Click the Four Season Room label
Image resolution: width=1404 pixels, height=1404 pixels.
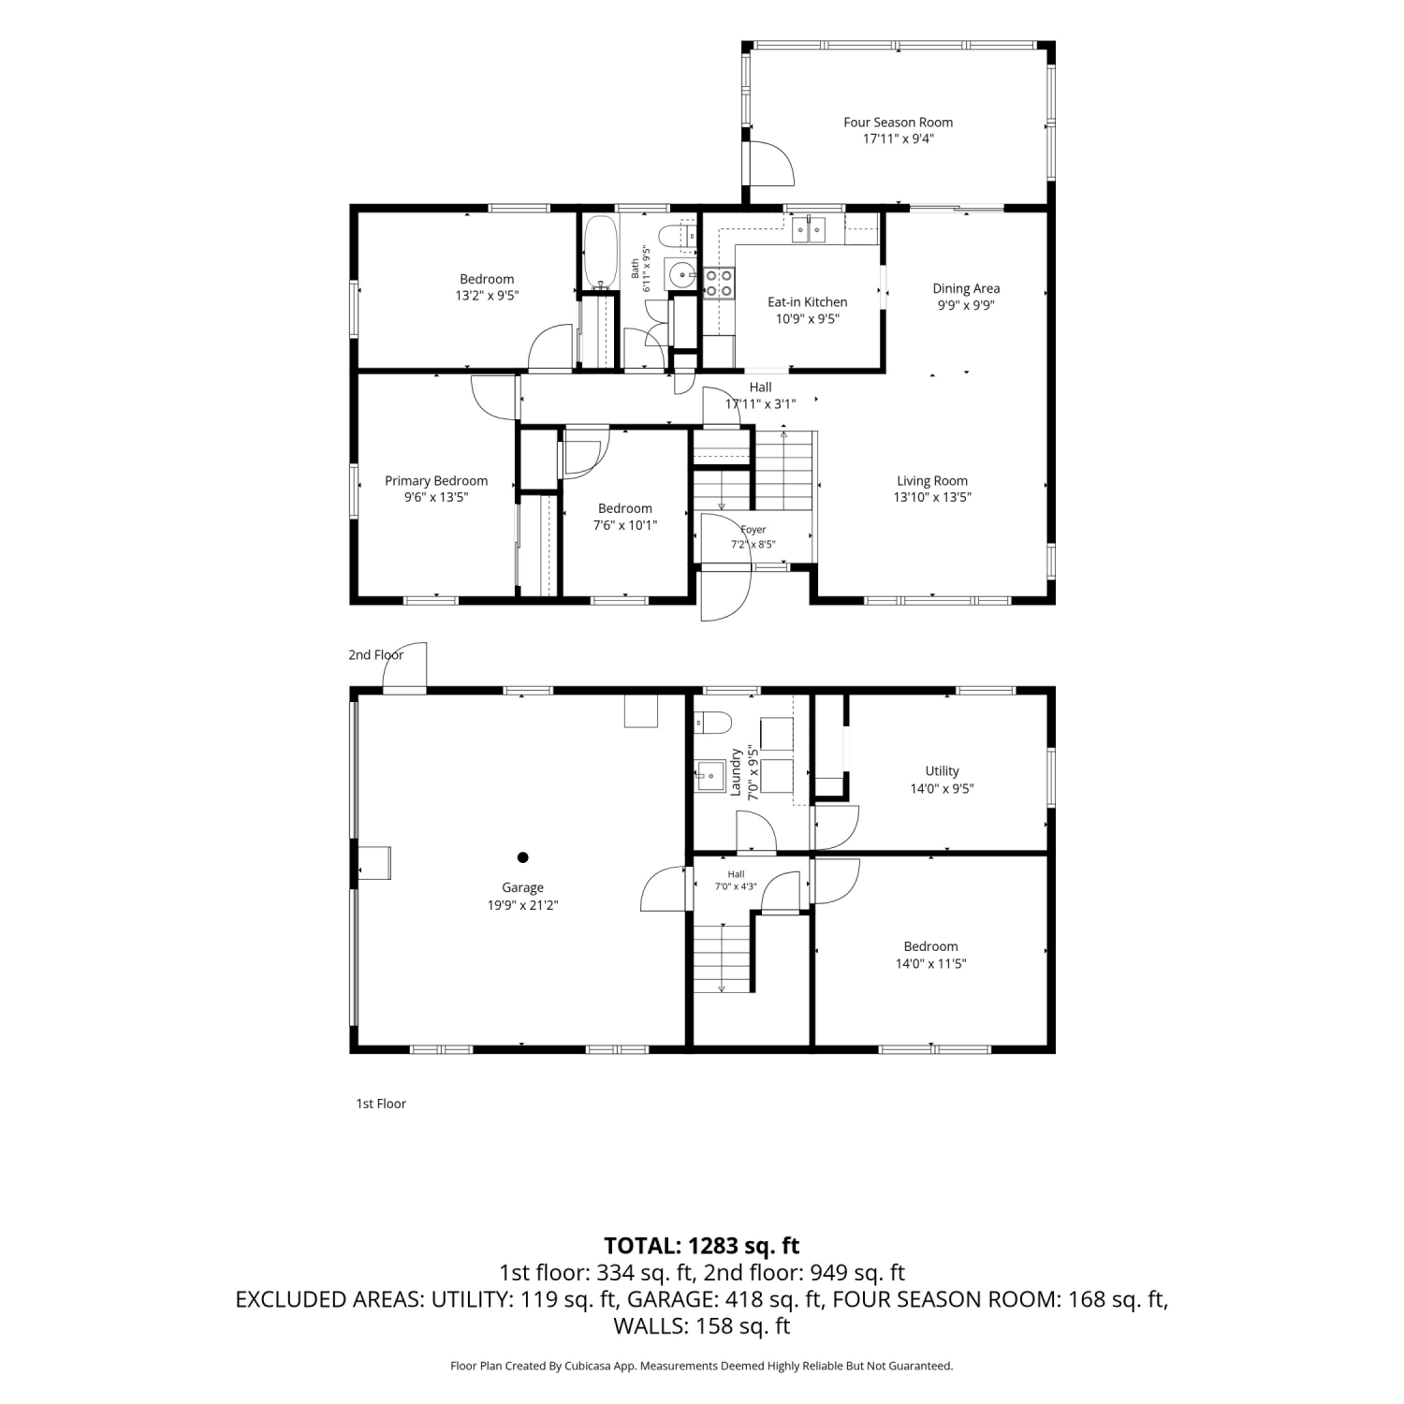[x=898, y=123]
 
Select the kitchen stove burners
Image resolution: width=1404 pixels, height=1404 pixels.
[x=719, y=283]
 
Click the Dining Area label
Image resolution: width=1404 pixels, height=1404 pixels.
[x=966, y=288]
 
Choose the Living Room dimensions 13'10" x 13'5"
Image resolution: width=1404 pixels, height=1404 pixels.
[x=931, y=498]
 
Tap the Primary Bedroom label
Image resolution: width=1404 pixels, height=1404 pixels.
[x=436, y=481]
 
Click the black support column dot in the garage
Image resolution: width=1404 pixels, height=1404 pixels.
[x=522, y=856]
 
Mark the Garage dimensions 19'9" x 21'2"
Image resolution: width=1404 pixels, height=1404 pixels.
[x=522, y=905]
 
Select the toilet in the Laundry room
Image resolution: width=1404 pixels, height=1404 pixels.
[x=711, y=723]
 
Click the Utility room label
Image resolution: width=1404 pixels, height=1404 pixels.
[x=942, y=771]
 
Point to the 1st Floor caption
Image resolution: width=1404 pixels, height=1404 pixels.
[x=381, y=1104]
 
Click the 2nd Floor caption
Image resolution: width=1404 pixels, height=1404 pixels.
[x=375, y=655]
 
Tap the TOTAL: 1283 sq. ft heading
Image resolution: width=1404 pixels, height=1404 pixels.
[x=702, y=1246]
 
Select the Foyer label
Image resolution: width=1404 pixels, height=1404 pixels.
[x=753, y=530]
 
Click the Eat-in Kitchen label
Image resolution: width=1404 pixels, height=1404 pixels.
[x=807, y=302]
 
